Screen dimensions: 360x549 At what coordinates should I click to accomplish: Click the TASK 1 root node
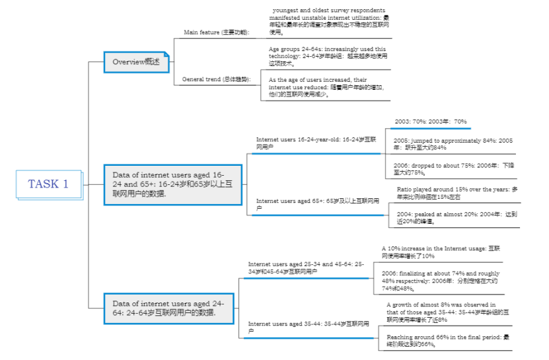click(48, 184)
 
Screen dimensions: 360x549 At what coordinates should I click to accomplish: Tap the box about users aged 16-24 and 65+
click(172, 184)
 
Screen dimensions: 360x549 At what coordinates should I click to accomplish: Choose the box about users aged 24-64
click(168, 308)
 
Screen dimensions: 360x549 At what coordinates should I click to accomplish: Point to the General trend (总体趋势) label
click(217, 79)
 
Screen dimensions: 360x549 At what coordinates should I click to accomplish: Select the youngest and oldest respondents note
click(328, 20)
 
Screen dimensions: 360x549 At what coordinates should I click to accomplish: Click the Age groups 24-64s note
click(328, 56)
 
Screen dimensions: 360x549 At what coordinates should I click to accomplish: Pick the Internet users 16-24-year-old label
click(316, 143)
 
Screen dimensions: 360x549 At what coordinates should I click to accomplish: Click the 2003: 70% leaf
click(431, 122)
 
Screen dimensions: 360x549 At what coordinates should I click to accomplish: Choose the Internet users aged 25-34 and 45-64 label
click(306, 268)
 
